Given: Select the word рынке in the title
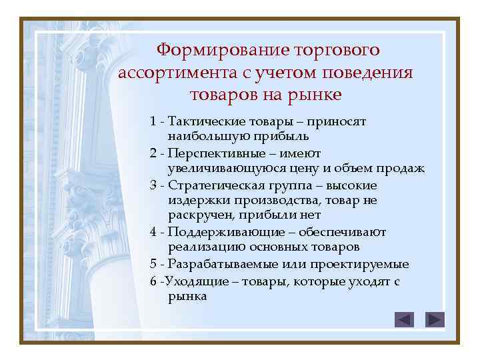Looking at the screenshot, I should click(313, 94).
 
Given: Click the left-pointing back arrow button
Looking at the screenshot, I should click(404, 319).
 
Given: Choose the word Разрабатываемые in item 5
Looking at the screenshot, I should click(215, 264).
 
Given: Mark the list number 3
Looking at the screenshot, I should click(154, 185).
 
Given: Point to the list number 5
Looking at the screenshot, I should click(154, 265).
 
